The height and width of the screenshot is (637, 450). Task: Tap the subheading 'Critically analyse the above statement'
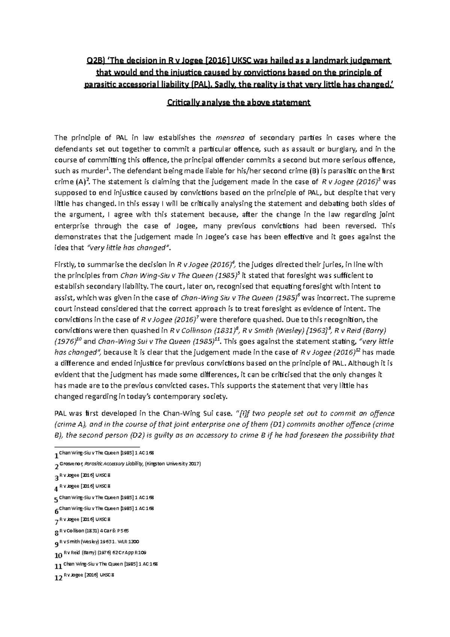pos(238,102)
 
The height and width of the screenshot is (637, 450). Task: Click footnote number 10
pos(58,556)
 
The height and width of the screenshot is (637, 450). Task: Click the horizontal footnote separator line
pos(97,447)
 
